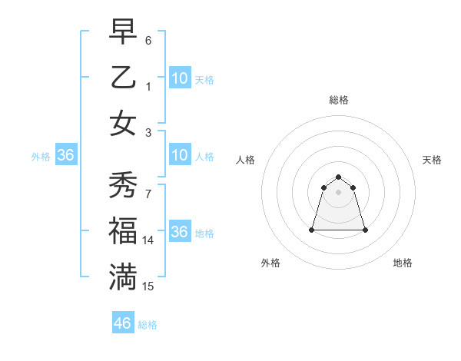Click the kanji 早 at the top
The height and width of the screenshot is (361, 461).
(x=123, y=33)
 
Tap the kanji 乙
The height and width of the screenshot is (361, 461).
(x=123, y=79)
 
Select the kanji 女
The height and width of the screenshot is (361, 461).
(x=123, y=124)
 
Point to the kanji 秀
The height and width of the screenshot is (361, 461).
(x=123, y=185)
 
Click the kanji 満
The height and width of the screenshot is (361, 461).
(x=123, y=277)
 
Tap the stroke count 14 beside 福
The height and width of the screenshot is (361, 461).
(x=148, y=240)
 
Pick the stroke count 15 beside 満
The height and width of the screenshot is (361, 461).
(x=148, y=286)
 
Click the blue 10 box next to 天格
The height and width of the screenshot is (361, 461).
(x=180, y=78)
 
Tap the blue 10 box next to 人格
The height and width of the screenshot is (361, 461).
(x=180, y=155)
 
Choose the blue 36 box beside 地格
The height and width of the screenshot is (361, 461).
(x=180, y=232)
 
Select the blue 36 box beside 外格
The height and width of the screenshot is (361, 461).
(x=66, y=155)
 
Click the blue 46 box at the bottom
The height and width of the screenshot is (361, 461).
(x=123, y=323)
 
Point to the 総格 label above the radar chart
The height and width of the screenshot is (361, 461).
(x=338, y=100)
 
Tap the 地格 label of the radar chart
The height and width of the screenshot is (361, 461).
(x=403, y=263)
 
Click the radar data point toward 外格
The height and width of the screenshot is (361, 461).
(x=312, y=230)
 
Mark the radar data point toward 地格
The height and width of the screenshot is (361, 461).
(x=365, y=230)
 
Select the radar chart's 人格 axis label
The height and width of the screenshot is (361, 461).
(x=245, y=160)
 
